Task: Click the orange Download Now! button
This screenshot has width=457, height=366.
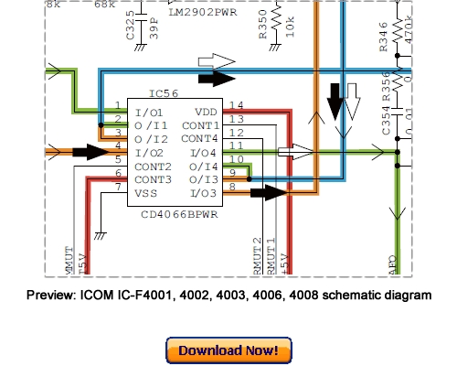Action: point(228,350)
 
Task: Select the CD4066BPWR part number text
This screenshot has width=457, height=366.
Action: point(177,216)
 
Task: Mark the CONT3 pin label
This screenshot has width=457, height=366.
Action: point(153,179)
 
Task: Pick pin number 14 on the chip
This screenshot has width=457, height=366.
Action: point(235,106)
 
